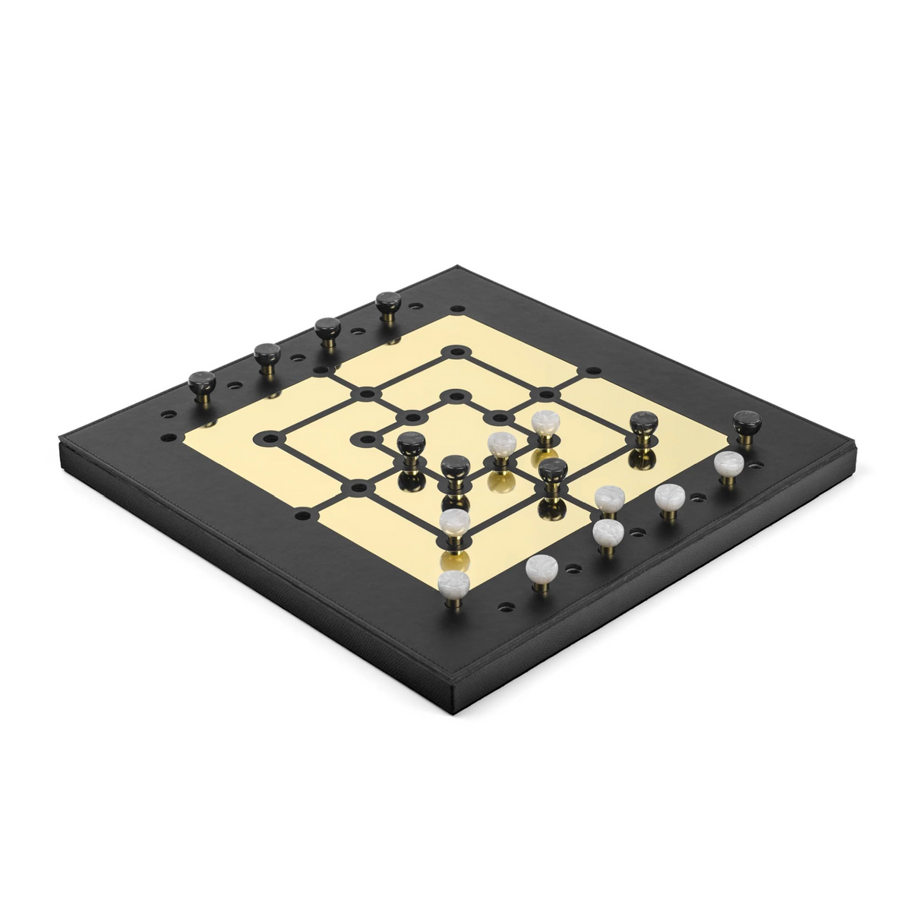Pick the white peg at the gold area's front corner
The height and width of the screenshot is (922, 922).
[x=453, y=582]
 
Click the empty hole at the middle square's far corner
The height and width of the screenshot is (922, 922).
[x=456, y=352]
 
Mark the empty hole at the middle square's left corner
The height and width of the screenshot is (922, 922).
[x=268, y=437]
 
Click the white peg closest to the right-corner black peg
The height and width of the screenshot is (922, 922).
[x=728, y=464]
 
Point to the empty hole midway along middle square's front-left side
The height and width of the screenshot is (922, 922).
[x=358, y=485]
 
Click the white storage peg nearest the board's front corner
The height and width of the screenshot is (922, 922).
[x=540, y=568]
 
